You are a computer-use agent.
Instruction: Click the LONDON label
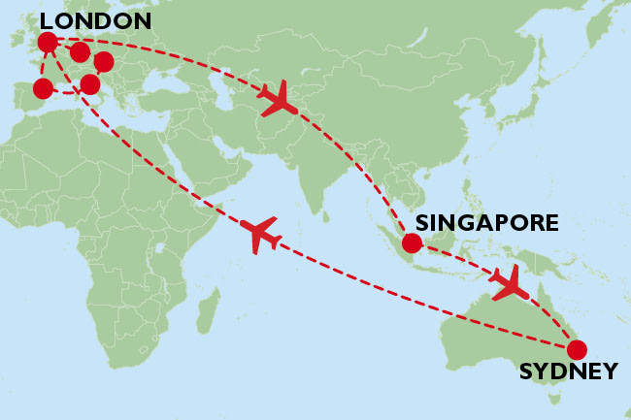pyautogui.click(x=95, y=20)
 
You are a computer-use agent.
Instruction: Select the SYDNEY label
pyautogui.click(x=568, y=372)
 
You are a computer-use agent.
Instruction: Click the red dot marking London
pyautogui.click(x=47, y=42)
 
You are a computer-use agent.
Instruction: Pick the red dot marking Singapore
pyautogui.click(x=412, y=243)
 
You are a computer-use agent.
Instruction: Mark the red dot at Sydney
pyautogui.click(x=577, y=349)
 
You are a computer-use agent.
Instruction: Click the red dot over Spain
pyautogui.click(x=43, y=89)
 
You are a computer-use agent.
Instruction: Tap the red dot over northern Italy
pyautogui.click(x=90, y=84)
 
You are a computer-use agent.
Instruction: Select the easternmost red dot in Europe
pyautogui.click(x=104, y=64)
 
